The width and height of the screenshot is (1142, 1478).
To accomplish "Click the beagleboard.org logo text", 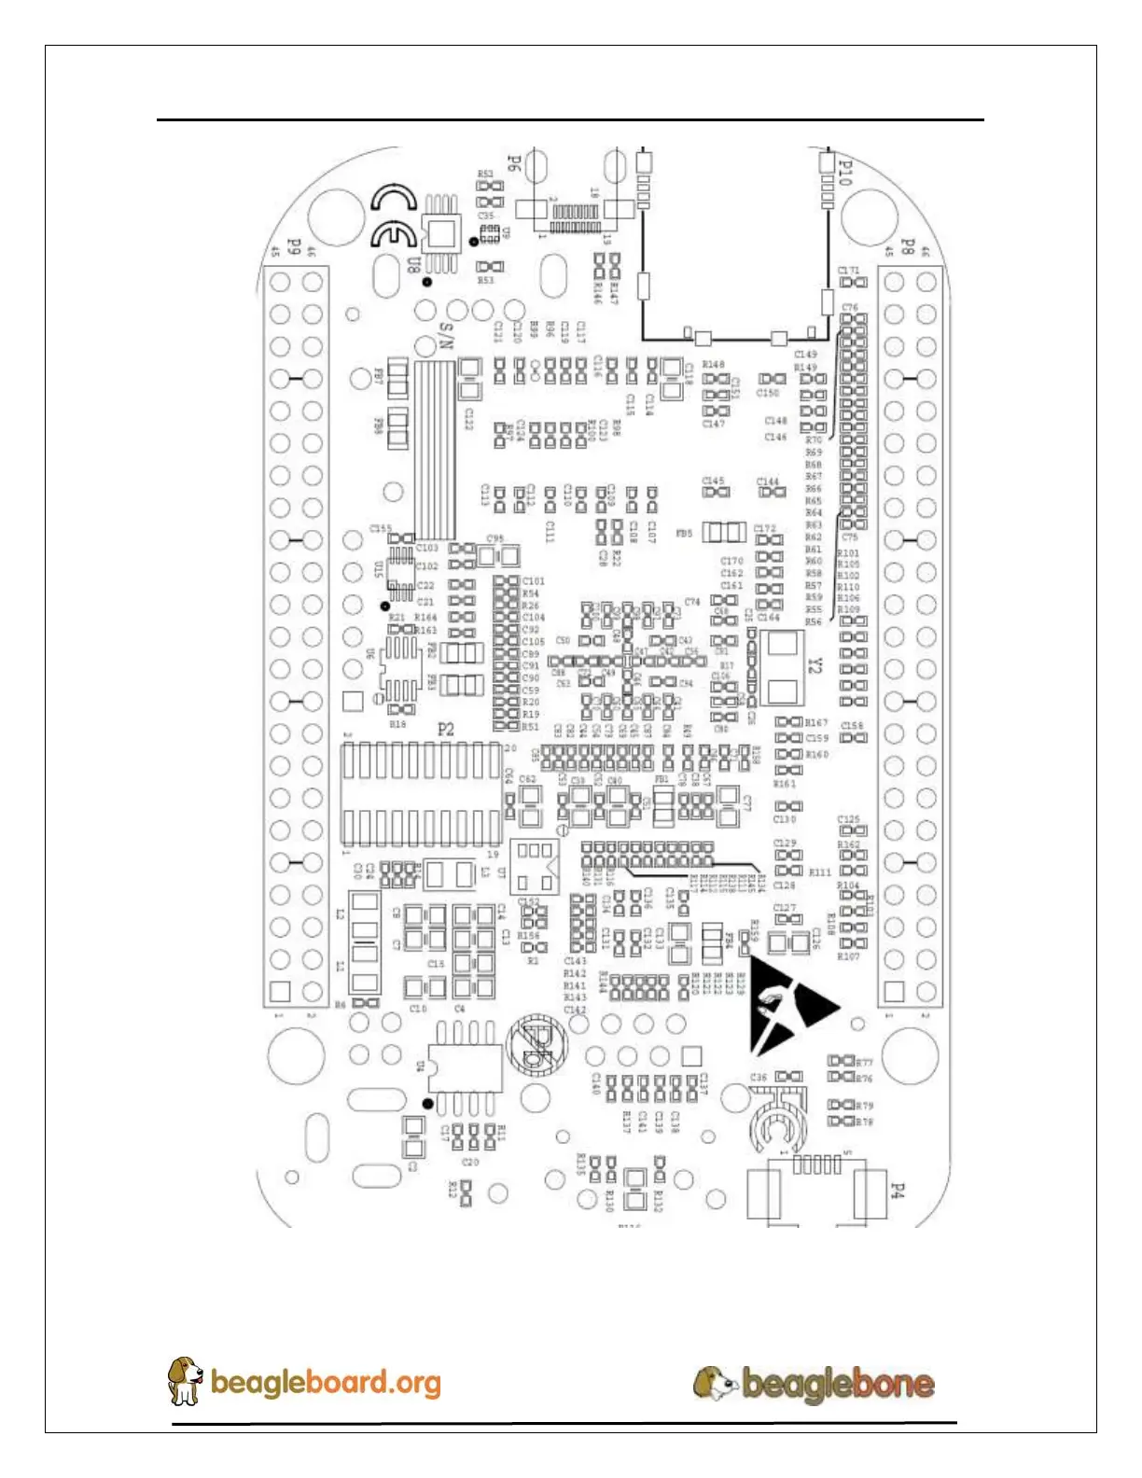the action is [326, 1382].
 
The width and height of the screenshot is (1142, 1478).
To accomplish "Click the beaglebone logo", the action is [814, 1383].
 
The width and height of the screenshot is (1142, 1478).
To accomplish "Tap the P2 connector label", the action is [446, 729].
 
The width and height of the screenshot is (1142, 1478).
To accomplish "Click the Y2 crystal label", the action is [815, 664].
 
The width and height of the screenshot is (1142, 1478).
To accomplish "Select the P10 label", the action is [845, 173].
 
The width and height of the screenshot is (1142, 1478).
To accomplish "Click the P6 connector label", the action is [513, 163].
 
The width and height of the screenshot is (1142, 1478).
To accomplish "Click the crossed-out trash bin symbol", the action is [536, 1043].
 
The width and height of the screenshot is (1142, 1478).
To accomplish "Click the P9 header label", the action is [293, 247].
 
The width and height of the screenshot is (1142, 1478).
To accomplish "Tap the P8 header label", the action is [907, 247].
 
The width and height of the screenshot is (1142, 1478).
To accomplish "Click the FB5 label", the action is [684, 534].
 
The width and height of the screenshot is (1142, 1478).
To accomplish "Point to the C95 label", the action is [495, 539].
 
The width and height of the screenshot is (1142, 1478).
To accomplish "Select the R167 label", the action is [816, 722].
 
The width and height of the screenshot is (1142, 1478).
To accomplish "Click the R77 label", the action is [865, 1063].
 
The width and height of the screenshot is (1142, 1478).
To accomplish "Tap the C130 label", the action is [785, 819].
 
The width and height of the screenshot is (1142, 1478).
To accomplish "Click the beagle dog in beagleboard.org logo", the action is [185, 1380].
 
